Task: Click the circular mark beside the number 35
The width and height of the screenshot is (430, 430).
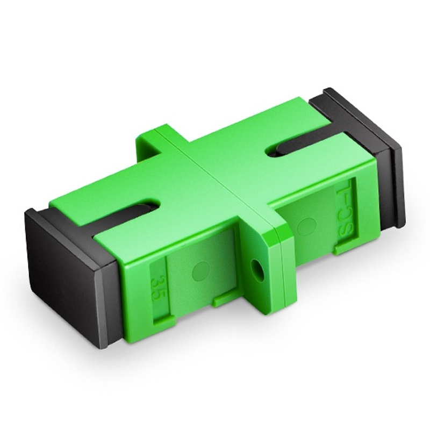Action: [200, 271]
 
